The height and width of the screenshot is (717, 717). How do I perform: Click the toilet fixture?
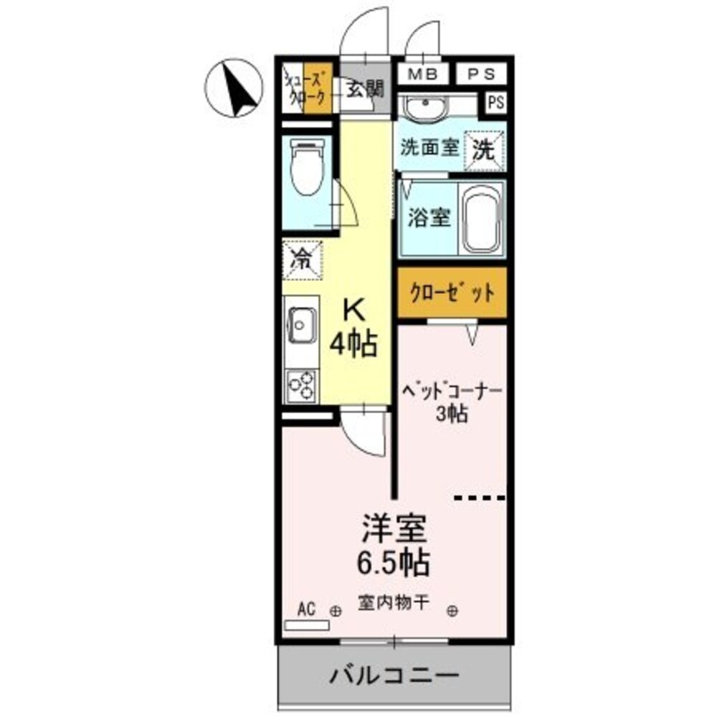pyautogui.click(x=307, y=166)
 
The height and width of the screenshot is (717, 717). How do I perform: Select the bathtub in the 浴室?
pyautogui.click(x=481, y=219)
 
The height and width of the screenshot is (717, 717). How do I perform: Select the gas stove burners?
pyautogui.click(x=302, y=386)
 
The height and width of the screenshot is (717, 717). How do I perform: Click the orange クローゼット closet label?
pyautogui.click(x=452, y=293)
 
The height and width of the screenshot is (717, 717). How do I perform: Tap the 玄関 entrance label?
pyautogui.click(x=365, y=89)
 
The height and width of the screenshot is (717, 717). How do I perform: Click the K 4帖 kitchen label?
pyautogui.click(x=353, y=328)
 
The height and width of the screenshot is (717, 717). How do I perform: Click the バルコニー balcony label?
pyautogui.click(x=394, y=675)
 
